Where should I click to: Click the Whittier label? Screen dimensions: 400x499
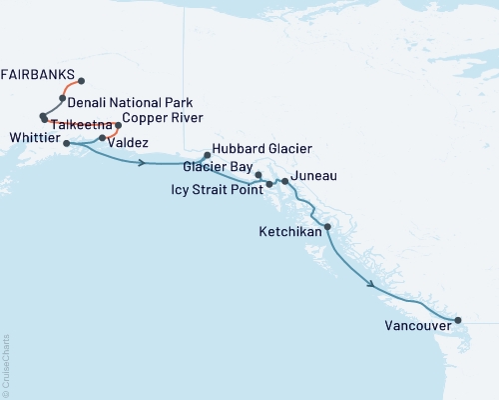[x=32, y=137]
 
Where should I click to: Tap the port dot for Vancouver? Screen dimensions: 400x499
[x=458, y=321]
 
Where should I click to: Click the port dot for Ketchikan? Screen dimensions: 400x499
[x=327, y=227]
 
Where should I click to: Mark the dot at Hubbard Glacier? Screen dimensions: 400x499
[x=207, y=155]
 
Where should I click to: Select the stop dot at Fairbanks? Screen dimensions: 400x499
[x=81, y=81]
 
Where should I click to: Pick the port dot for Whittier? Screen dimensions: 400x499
[x=67, y=143]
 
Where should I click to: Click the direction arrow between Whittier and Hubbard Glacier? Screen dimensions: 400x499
[x=143, y=160]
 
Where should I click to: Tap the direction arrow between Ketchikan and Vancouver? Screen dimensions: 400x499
[x=371, y=285]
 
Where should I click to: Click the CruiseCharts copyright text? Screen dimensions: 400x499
[x=6, y=365]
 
